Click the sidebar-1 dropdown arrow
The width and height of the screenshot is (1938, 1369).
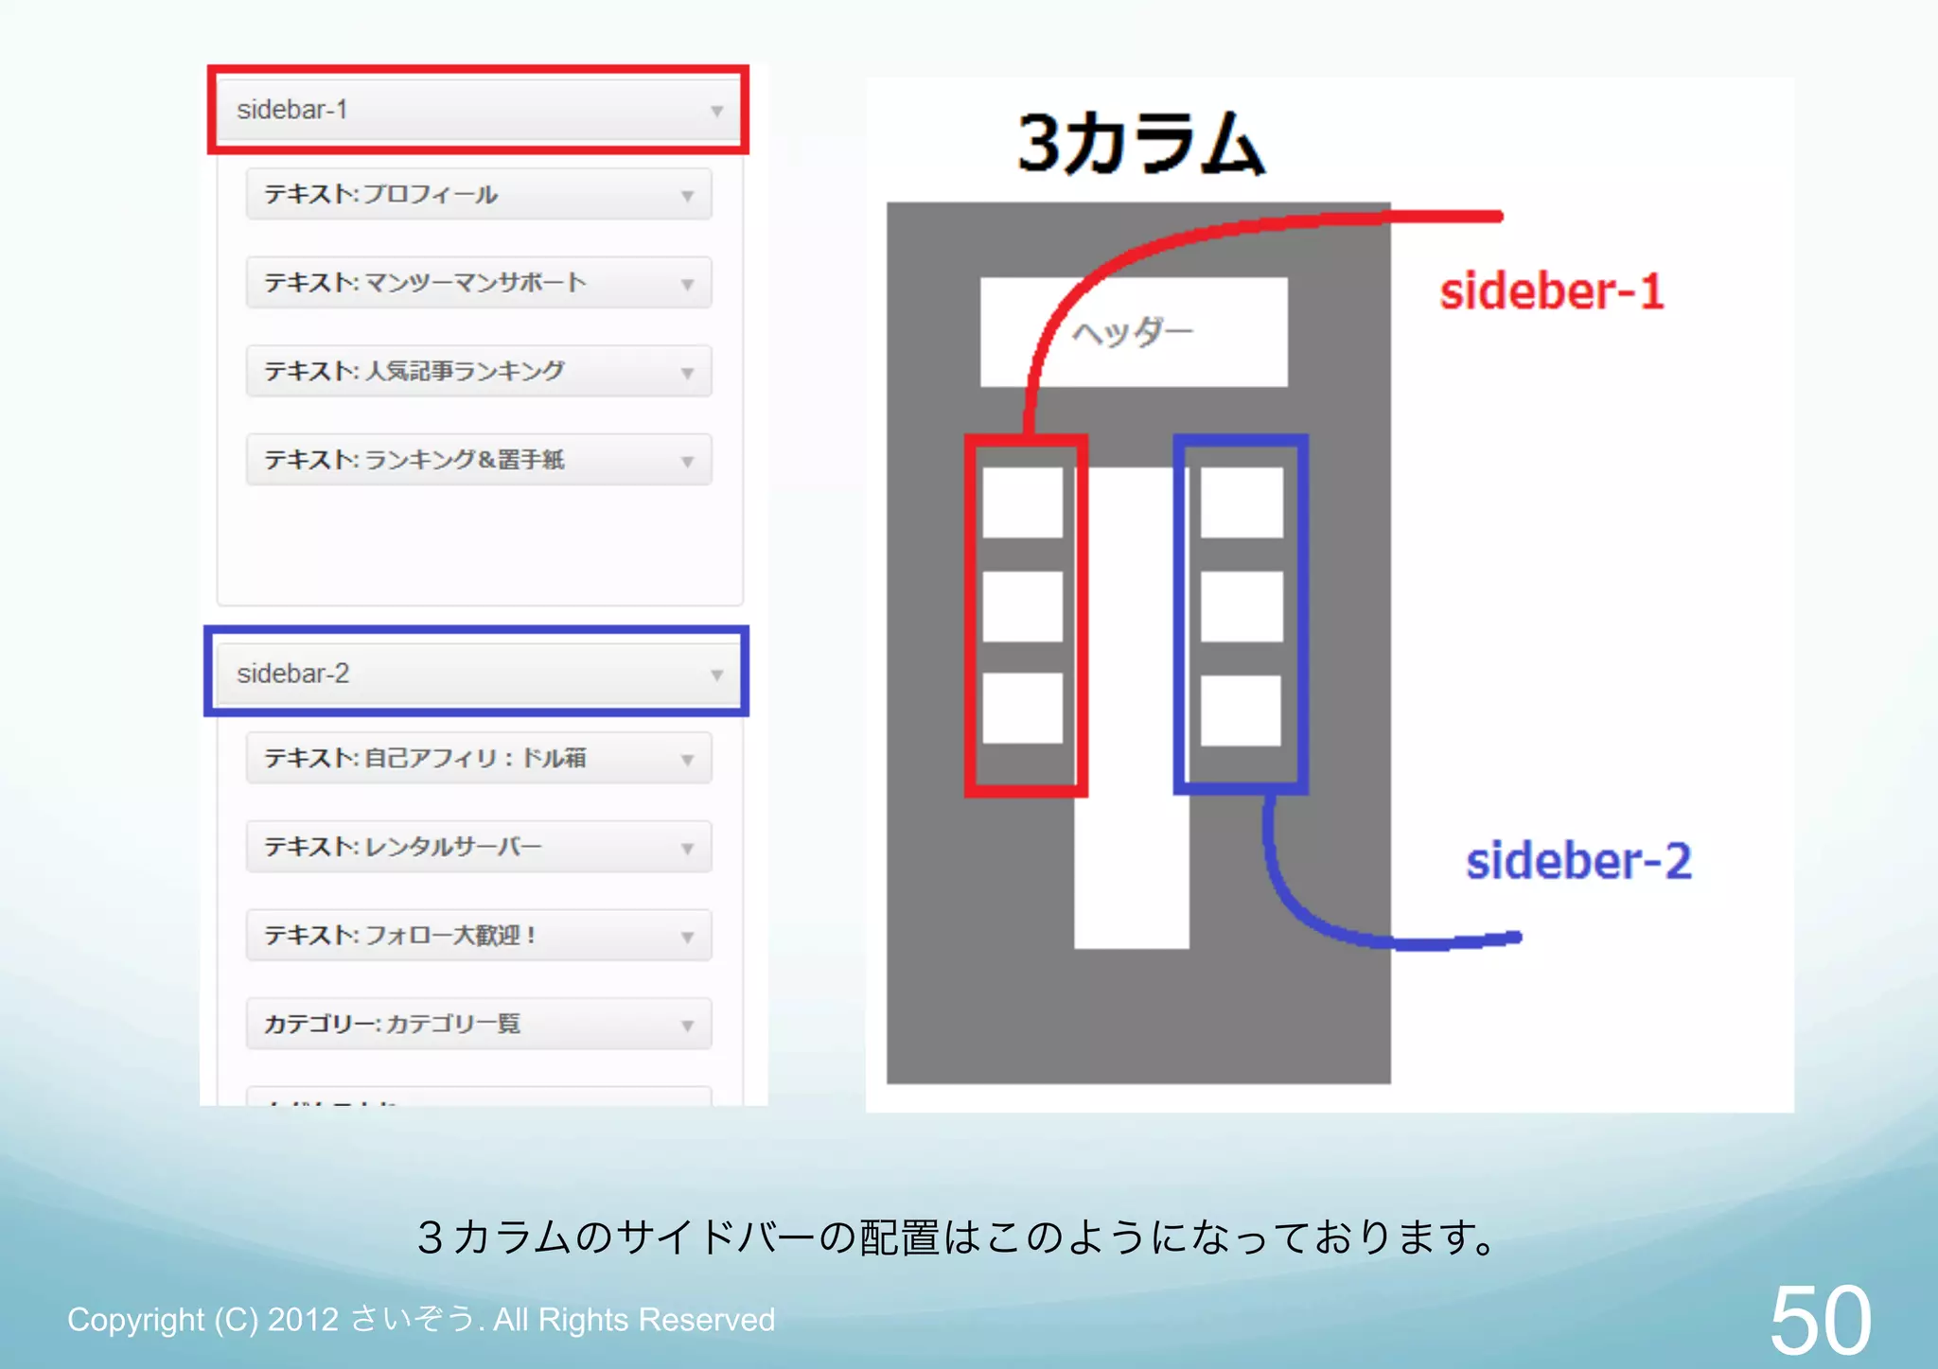click(x=716, y=111)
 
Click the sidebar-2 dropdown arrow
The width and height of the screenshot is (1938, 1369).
click(x=716, y=675)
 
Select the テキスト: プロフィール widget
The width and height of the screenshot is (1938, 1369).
click(x=478, y=195)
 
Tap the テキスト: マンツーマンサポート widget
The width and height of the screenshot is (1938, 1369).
click(x=478, y=283)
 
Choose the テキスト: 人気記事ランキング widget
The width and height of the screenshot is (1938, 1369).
click(x=478, y=371)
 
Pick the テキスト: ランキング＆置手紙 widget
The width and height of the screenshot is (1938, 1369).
click(x=478, y=460)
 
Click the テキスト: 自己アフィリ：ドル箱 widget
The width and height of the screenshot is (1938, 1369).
click(x=478, y=758)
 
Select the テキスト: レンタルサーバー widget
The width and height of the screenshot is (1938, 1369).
click(x=478, y=847)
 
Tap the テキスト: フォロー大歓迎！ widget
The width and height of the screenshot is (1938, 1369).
click(x=478, y=936)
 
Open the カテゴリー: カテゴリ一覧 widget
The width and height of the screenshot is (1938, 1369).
click(x=478, y=1024)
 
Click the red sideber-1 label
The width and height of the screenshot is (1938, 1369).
click(x=1551, y=290)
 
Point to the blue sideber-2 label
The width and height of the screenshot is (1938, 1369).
click(x=1577, y=861)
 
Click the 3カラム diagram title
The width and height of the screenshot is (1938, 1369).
click(x=1140, y=144)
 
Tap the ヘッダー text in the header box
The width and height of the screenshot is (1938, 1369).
click(x=1133, y=332)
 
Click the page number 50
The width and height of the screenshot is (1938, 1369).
click(x=1820, y=1320)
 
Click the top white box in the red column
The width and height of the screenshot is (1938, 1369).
click(x=1022, y=502)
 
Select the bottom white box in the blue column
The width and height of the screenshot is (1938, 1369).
click(x=1241, y=710)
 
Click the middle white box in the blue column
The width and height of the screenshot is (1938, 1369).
click(x=1242, y=606)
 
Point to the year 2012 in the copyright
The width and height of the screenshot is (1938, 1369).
click(x=303, y=1320)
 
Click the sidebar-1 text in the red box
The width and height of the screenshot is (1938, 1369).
click(x=292, y=110)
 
